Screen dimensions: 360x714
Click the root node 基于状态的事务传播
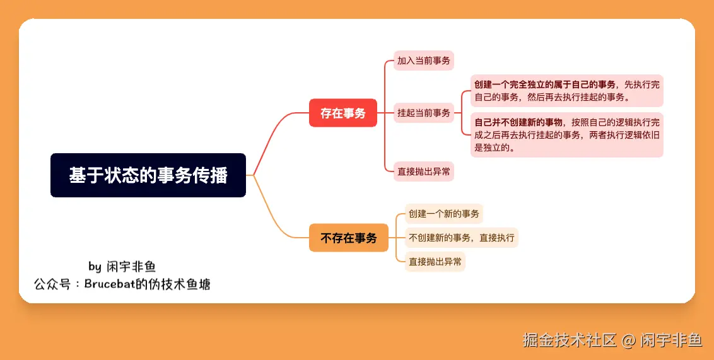click(148, 175)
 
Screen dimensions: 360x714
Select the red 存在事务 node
click(342, 113)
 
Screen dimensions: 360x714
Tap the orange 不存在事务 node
click(348, 238)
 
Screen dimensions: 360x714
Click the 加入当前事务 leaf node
click(424, 61)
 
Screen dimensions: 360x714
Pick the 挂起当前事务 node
click(424, 113)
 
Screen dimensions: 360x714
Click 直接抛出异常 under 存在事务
click(424, 171)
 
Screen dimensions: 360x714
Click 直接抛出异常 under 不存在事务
click(435, 262)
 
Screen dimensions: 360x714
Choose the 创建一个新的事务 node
click(443, 214)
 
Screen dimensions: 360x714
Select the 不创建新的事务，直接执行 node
click(461, 238)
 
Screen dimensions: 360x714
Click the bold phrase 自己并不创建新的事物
click(518, 122)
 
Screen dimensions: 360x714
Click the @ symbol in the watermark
click(628, 341)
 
